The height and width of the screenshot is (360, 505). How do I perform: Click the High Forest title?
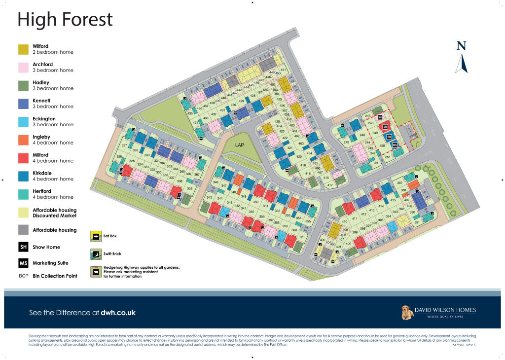[65, 20]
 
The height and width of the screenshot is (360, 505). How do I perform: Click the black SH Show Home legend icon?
[23, 247]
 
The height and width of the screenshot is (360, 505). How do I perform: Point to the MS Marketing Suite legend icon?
[23, 263]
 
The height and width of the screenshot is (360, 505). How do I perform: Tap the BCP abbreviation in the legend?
[23, 276]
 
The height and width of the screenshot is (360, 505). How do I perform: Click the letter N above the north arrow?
[461, 46]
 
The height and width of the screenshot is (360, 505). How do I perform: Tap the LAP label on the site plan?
[240, 145]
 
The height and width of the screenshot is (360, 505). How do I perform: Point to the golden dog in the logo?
[406, 312]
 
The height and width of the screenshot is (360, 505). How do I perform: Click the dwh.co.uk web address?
[118, 313]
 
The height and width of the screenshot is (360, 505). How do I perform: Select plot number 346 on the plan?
[216, 182]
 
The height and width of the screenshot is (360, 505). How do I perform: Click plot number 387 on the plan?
[399, 183]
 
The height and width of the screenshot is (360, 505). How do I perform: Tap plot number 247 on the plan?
[367, 116]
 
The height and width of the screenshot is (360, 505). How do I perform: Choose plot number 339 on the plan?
[189, 188]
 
